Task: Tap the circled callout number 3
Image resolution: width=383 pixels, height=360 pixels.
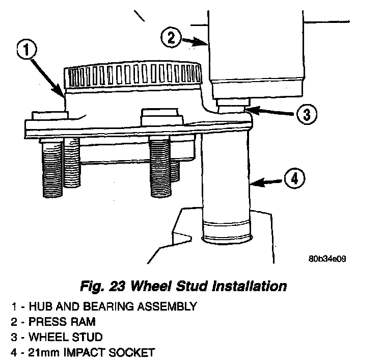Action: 304,114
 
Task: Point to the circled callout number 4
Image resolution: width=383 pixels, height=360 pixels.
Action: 294,179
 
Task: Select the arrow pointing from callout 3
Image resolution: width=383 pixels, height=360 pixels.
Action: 272,112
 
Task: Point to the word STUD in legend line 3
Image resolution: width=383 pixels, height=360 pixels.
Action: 93,337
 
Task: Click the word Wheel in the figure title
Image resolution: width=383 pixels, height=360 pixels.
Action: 150,285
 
